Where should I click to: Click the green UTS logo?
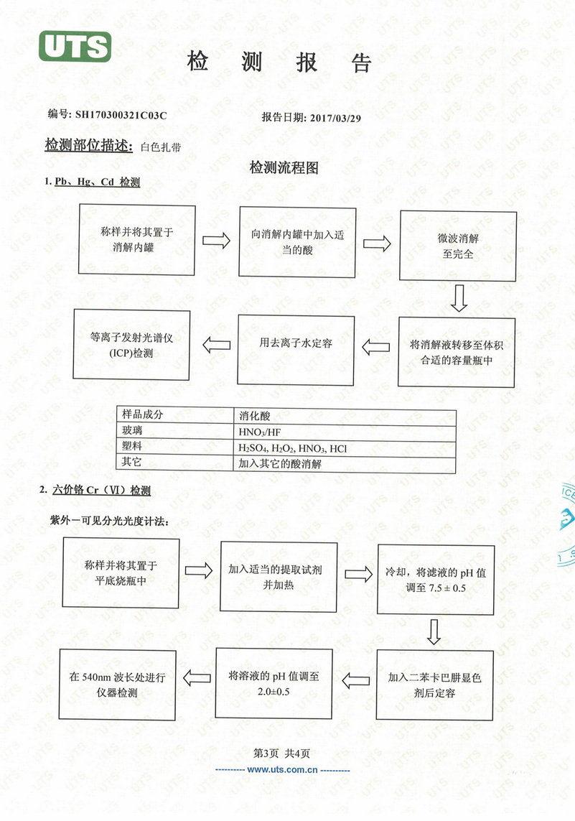75,46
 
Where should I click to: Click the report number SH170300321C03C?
121,115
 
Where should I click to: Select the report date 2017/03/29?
335,118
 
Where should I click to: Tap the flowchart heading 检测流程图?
284,167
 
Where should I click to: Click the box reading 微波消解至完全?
458,246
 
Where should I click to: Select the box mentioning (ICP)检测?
131,345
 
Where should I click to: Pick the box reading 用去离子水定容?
296,350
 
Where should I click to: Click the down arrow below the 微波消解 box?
459,298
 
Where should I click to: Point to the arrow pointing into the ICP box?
217,345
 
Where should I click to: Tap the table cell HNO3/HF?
260,432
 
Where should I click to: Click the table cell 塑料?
132,446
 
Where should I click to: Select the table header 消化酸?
254,416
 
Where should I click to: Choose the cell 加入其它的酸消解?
280,463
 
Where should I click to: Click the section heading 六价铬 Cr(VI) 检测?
101,490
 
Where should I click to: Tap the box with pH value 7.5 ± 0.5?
435,579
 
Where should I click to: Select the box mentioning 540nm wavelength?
117,685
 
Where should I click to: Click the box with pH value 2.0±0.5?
274,683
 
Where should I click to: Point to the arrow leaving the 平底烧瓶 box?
199,570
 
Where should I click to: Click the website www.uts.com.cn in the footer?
283,770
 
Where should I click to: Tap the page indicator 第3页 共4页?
281,753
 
